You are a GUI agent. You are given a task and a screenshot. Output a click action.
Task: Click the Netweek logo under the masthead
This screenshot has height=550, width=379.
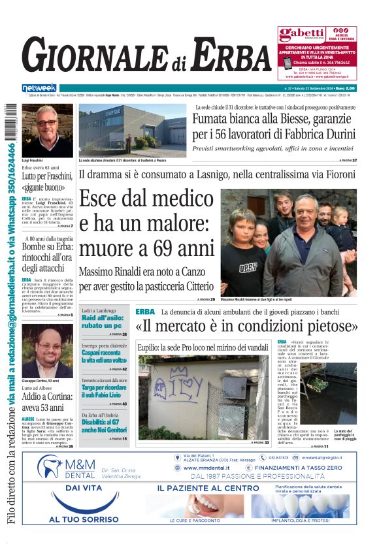[x=39, y=88]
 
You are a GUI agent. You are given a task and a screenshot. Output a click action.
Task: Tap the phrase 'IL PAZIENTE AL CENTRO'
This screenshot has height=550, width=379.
[x=207, y=488]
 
